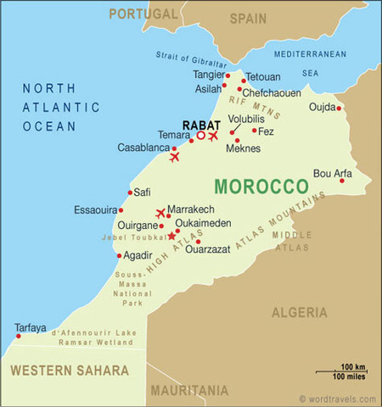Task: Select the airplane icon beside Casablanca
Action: coord(175,157)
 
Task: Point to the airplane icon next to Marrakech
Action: coord(160,213)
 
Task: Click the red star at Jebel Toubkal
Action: coord(171,236)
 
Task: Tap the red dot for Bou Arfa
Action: coord(342,180)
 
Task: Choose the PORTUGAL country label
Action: coord(144,14)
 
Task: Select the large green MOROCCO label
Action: coord(261,186)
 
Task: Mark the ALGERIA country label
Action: coord(299,313)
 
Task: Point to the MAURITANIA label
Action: coord(189,391)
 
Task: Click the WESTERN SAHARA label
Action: coord(70,371)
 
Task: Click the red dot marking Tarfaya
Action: coord(15,336)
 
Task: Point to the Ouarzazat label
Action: coord(208,250)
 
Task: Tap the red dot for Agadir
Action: coord(117,255)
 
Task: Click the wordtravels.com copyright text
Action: coord(337,399)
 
